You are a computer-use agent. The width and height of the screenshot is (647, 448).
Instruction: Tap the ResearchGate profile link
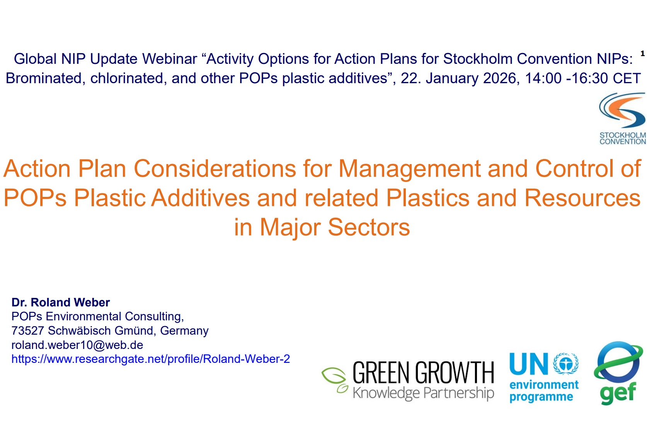click(x=150, y=359)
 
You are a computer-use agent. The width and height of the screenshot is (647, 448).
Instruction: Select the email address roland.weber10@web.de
click(x=77, y=345)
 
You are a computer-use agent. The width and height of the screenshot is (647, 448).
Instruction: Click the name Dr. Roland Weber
click(x=61, y=302)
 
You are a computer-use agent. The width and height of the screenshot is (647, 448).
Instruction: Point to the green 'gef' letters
click(x=618, y=393)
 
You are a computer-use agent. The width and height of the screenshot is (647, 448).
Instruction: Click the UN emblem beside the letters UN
click(x=565, y=363)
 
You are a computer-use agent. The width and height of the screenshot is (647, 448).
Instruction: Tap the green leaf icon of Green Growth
click(x=334, y=379)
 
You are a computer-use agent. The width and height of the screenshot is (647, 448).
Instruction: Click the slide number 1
click(x=642, y=53)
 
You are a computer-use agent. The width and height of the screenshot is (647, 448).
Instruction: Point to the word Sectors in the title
click(x=369, y=227)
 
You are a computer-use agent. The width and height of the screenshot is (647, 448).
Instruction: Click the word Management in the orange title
click(x=409, y=169)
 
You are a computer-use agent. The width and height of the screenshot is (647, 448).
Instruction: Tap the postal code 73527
click(x=27, y=331)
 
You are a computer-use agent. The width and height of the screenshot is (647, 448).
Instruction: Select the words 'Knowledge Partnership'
click(x=424, y=393)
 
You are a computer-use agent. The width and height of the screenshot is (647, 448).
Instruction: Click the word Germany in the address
click(x=184, y=331)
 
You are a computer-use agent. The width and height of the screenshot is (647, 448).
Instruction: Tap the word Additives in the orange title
click(x=201, y=198)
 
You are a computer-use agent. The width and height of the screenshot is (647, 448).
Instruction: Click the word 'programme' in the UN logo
click(x=541, y=397)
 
